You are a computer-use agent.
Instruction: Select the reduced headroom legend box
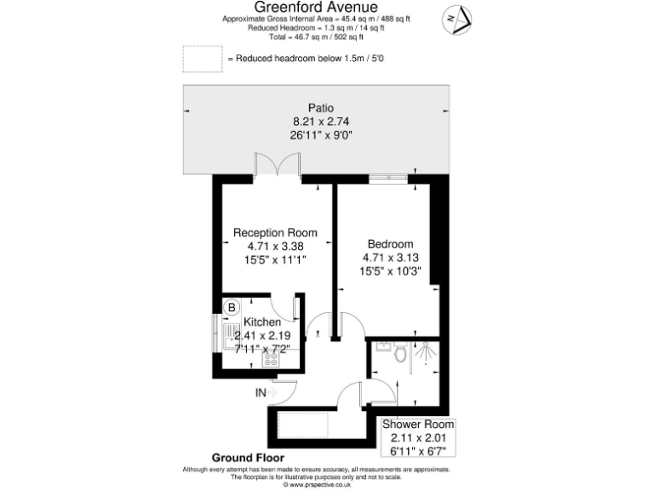201,59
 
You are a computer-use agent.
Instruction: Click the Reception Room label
275,232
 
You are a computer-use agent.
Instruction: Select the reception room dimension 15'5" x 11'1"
275,259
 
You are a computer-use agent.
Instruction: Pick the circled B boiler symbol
230,307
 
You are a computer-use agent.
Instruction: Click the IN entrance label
261,393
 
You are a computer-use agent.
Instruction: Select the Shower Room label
417,424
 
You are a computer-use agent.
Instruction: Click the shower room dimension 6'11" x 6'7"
417,450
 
